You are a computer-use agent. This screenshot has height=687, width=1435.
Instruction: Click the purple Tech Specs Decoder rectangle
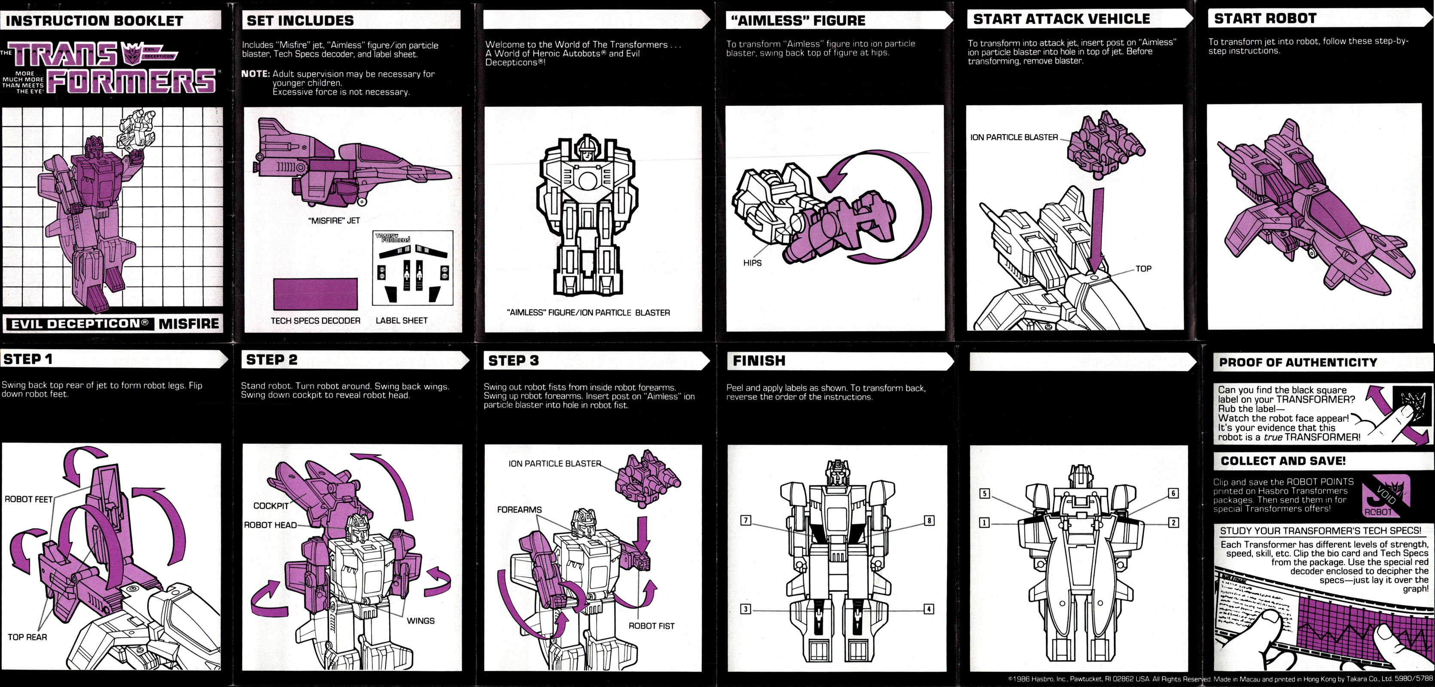[x=315, y=294]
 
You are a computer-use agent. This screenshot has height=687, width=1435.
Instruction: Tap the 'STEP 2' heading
[x=272, y=360]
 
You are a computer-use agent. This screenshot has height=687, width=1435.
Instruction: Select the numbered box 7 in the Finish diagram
[x=745, y=520]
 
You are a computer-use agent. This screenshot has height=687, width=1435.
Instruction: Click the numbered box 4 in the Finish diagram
[x=929, y=609]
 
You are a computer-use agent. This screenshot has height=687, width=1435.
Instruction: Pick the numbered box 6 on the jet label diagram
[x=1173, y=493]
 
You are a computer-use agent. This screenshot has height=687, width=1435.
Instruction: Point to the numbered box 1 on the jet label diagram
[x=984, y=523]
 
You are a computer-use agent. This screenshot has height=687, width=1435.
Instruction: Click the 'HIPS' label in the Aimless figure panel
[x=752, y=263]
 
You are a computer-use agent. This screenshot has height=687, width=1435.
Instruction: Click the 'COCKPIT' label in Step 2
[x=271, y=505]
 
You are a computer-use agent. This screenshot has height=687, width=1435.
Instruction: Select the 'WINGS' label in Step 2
[x=420, y=621]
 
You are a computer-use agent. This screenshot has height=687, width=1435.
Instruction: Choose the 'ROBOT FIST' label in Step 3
[x=651, y=626]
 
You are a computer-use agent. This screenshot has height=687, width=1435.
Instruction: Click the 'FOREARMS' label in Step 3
[x=519, y=509]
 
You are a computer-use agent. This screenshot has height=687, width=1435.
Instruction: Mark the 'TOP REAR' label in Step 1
[x=27, y=637]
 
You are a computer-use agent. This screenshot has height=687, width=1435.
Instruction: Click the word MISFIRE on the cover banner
[x=189, y=323]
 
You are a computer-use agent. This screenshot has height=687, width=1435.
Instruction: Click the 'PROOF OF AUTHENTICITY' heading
[x=1298, y=362]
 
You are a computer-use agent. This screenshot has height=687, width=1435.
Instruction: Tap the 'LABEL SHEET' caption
[x=401, y=321]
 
